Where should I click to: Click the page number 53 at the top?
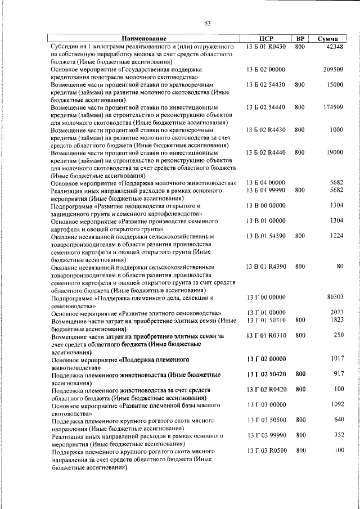(208, 23)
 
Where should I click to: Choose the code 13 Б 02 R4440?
(267, 152)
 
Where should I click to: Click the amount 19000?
(334, 152)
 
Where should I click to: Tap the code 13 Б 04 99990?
(267, 190)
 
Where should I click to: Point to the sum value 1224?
(336, 236)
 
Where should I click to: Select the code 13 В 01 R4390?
(267, 266)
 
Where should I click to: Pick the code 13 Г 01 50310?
(267, 320)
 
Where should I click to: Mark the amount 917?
(337, 373)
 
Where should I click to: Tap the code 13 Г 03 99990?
(267, 435)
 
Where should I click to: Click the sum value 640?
(337, 420)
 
